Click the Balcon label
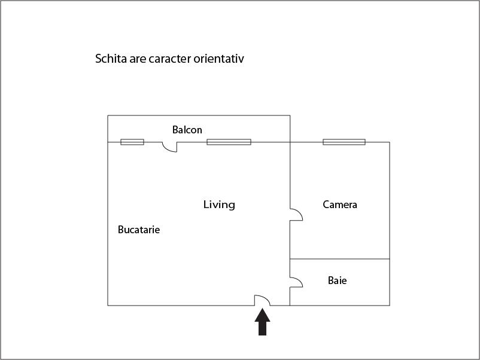(x=187, y=130)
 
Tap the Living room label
(x=219, y=205)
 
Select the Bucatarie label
(x=139, y=230)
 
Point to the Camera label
(x=340, y=205)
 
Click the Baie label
(x=337, y=280)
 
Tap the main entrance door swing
(x=262, y=300)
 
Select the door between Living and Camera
(x=296, y=215)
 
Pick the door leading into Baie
(x=296, y=282)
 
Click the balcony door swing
(x=170, y=147)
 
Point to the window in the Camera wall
(x=344, y=142)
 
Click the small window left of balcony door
(x=132, y=142)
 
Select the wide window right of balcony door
(x=229, y=142)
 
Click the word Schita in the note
(x=110, y=59)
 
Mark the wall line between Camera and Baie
(x=340, y=259)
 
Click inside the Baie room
(x=359, y=293)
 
